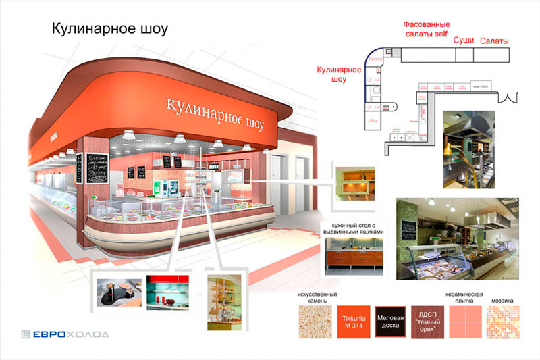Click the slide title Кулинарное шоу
pos(109,29)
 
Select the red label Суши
pos(463,41)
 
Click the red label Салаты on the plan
pos(494,41)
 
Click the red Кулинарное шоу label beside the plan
pos(331,74)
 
